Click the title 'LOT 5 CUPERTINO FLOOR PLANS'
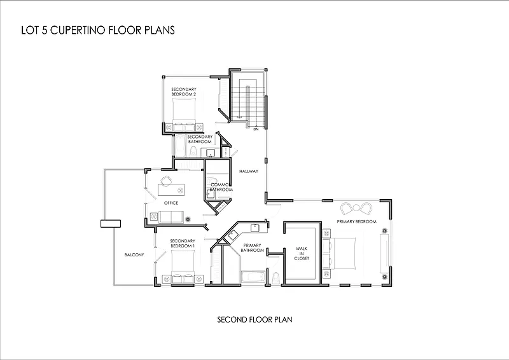coord(98,30)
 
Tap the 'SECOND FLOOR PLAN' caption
coord(255,320)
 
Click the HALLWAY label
coord(249,171)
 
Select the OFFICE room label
coord(171,203)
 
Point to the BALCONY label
coord(134,255)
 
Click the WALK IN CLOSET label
coord(302,254)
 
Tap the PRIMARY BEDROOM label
coord(356,222)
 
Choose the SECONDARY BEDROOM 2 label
coord(184,92)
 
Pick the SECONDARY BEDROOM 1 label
coord(183,244)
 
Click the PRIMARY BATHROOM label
coord(252,247)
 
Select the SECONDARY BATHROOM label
coord(200,139)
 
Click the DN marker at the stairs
coord(256,129)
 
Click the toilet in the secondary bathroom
coord(193,151)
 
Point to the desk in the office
coord(171,190)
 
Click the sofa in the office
coord(171,217)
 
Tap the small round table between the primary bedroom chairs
coord(356,207)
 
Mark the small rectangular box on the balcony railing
coord(111,224)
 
